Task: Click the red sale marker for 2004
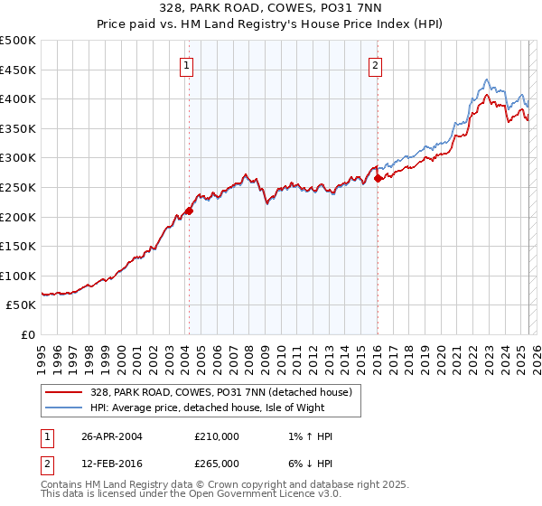[189, 211]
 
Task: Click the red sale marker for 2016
[378, 179]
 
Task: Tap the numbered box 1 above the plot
[186, 64]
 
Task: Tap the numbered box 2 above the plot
[374, 64]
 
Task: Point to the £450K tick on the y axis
[18, 70]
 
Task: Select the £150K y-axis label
[18, 246]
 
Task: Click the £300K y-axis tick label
[18, 158]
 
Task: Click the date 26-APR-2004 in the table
[111, 436]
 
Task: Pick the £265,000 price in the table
[217, 464]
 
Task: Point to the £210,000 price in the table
[217, 436]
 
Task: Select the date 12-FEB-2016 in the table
[111, 464]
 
